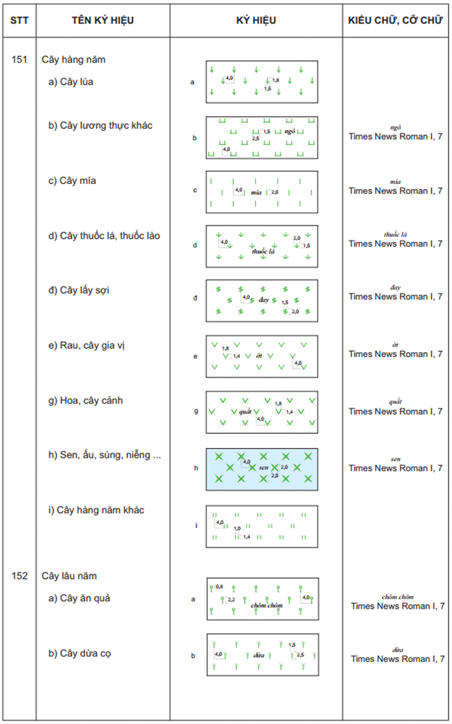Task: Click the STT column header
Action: pos(19,21)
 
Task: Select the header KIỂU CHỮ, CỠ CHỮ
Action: pos(395,21)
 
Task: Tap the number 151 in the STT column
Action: pos(19,60)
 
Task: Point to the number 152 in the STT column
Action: pos(19,576)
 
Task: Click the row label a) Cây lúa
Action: pos(71,81)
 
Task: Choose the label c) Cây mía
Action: pos(72,181)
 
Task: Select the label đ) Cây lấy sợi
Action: pos(79,290)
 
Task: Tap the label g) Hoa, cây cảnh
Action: pos(85,401)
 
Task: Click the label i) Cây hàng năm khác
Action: pos(96,510)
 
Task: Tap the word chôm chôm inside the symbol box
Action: pos(267,605)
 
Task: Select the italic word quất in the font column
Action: pos(395,402)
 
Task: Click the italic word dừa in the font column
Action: pos(398,649)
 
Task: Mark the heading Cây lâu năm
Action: pos(69,576)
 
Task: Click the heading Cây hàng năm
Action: pos(73,60)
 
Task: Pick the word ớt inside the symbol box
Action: pos(258,355)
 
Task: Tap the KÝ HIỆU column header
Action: pos(256,21)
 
